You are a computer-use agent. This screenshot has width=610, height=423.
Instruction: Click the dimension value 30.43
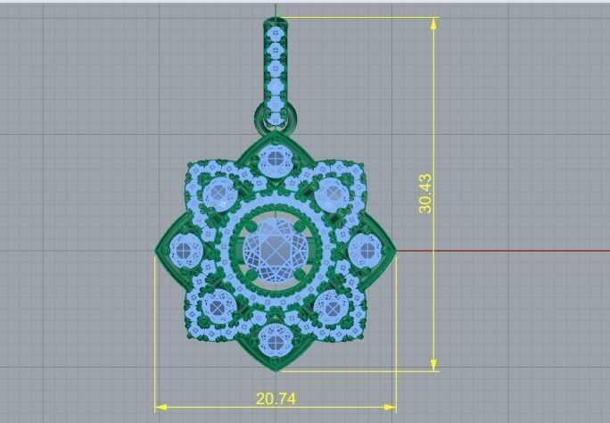[x=425, y=193]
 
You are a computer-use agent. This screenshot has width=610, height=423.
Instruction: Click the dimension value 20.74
[x=276, y=399]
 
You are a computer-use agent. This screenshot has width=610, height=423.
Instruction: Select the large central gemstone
[x=276, y=250]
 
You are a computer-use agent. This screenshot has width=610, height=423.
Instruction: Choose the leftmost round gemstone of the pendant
[x=185, y=250]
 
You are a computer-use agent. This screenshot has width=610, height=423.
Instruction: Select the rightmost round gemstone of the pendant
[x=366, y=250]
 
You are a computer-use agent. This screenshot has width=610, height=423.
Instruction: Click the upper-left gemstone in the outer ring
[x=218, y=194]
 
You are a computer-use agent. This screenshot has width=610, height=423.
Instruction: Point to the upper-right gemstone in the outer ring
[x=333, y=193]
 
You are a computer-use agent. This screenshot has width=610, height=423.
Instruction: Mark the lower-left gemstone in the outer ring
[x=218, y=307]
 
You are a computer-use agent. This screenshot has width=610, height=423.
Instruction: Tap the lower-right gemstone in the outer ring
[x=333, y=307]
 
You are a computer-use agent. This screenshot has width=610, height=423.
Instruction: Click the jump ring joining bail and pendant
[x=276, y=114]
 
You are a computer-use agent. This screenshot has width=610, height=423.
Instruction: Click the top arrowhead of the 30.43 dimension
[x=434, y=23]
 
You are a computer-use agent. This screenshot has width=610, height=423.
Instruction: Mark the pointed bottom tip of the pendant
[x=276, y=369]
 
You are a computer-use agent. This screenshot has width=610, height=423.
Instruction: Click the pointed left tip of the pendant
[x=158, y=251]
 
